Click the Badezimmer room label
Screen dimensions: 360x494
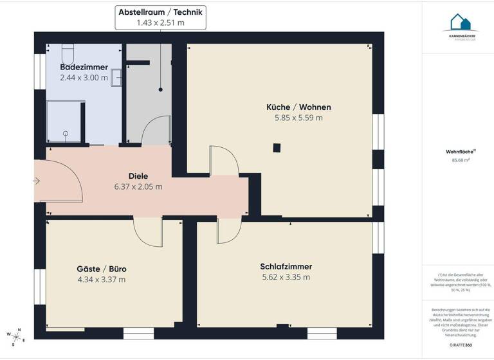click(84, 67)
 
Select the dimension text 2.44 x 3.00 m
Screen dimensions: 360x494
click(84, 78)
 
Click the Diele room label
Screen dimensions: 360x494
click(138, 175)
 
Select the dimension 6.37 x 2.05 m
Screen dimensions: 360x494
click(138, 186)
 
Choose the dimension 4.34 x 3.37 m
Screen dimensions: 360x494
click(101, 279)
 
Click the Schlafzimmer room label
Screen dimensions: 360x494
click(286, 266)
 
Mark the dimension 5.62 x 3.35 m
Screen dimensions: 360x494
click(286, 277)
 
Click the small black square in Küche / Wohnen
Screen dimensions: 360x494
click(277, 148)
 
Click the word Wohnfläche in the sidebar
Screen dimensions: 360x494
click(456, 152)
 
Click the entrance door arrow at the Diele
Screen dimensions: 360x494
click(37, 182)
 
